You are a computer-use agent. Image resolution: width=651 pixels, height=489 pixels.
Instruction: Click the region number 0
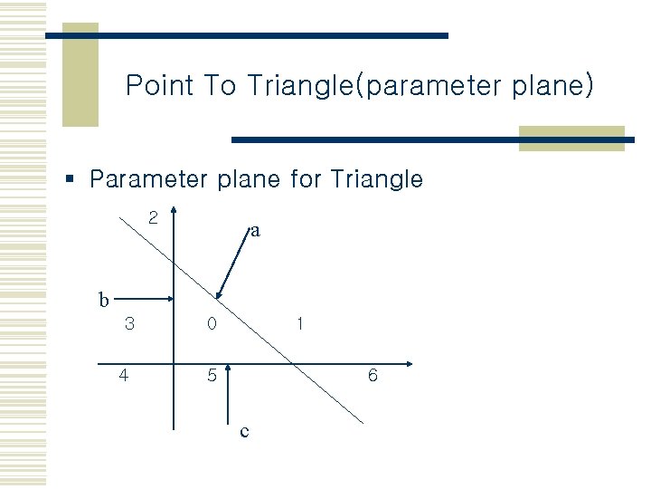click(211, 323)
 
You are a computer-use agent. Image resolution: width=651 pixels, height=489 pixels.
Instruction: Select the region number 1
click(299, 323)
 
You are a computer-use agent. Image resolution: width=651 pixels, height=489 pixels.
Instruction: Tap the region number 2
click(153, 217)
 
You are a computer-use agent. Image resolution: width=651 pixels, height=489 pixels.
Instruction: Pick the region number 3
click(130, 323)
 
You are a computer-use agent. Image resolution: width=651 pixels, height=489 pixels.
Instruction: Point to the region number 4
click(124, 375)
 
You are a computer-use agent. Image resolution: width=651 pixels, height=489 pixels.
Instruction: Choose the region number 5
click(211, 375)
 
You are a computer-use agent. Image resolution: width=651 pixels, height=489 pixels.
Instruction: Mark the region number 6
click(373, 375)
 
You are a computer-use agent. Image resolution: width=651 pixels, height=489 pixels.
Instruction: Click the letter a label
click(255, 231)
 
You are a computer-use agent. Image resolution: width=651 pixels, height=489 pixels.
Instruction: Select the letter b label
click(104, 299)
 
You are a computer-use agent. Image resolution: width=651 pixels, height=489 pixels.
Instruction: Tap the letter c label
click(244, 432)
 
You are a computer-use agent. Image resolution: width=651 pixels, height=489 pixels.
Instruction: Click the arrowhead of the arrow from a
click(218, 295)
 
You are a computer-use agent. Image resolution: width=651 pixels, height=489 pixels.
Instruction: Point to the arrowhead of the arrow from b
click(171, 299)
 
